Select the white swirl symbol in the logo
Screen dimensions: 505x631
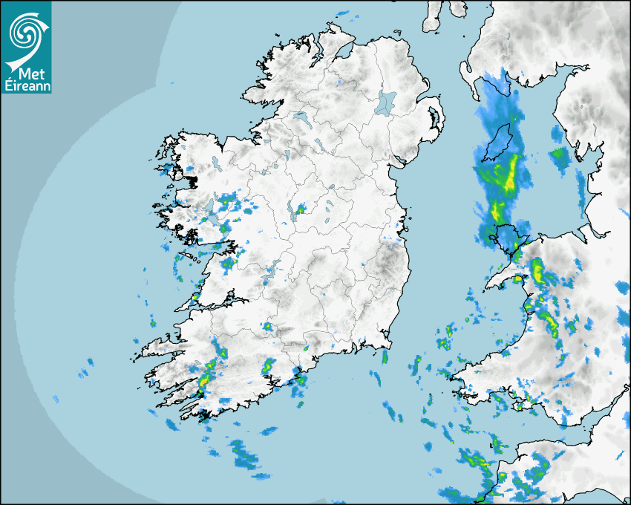pos(25,32)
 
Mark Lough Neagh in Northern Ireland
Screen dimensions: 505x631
pos(386,102)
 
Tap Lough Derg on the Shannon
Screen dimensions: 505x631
pos(272,269)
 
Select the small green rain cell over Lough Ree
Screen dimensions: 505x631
pos(300,210)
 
